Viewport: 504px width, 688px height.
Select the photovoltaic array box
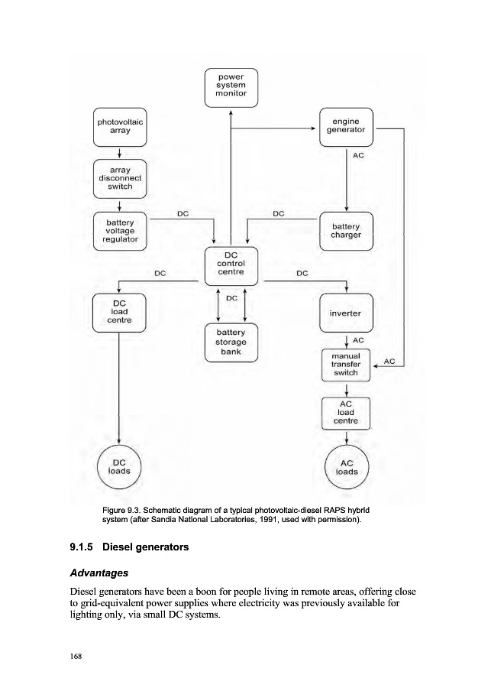click(120, 126)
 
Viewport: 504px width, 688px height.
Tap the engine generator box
click(347, 126)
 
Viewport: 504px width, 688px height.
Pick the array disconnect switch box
click(120, 178)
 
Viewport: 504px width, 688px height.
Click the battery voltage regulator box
click(120, 230)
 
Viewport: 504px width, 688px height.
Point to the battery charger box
click(347, 230)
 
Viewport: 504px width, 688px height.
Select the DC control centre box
click(231, 264)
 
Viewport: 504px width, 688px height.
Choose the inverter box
click(347, 313)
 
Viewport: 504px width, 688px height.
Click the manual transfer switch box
click(347, 365)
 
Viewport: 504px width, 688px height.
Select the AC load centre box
click(347, 413)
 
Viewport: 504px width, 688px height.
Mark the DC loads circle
click(120, 466)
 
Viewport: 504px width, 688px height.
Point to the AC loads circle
click(347, 466)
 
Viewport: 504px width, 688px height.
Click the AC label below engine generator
click(359, 155)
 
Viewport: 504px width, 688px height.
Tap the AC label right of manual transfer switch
click(389, 360)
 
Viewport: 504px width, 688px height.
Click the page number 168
click(76, 657)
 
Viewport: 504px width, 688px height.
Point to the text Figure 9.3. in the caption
click(124, 510)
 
